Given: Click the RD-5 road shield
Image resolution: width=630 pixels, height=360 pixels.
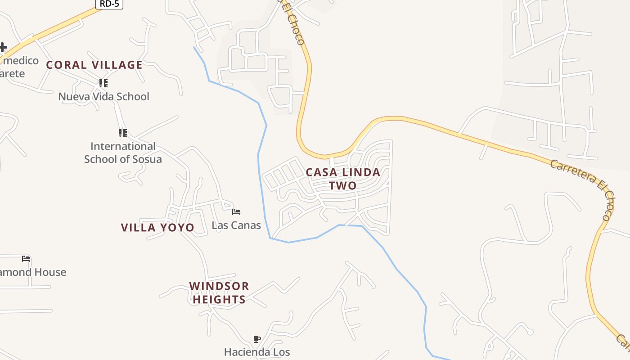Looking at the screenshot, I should [x=109, y=4].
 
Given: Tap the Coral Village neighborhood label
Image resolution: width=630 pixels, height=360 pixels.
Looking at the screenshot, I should [x=94, y=65].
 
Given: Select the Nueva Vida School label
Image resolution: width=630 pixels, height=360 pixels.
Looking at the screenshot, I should [x=103, y=96].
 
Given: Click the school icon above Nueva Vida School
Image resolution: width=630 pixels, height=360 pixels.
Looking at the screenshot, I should [x=103, y=83].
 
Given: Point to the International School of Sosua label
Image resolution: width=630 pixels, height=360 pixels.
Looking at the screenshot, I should [x=123, y=153].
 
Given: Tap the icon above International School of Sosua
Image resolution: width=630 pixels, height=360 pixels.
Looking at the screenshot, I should [x=122, y=133].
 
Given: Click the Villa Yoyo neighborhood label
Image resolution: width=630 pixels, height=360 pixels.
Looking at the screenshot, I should [x=157, y=228].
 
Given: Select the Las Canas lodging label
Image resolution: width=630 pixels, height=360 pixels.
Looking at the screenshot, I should [x=236, y=225].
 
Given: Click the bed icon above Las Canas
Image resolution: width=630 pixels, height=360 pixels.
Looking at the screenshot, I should [x=236, y=211].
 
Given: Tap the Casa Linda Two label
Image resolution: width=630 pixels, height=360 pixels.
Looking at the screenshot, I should [x=343, y=179].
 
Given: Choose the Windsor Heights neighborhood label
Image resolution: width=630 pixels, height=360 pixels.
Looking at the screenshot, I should [x=219, y=292].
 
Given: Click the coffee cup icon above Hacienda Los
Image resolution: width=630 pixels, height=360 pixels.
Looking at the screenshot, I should [x=256, y=339].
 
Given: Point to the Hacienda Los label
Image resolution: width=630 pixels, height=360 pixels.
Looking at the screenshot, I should [x=257, y=351].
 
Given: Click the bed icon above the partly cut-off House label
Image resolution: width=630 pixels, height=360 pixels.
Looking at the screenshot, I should [x=26, y=259].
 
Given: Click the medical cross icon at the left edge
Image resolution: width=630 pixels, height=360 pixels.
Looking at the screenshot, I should [x=3, y=47].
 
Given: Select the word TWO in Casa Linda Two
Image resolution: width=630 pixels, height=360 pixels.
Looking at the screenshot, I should [x=343, y=185].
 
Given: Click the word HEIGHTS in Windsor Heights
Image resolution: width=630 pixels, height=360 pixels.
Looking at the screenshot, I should [x=219, y=299].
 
